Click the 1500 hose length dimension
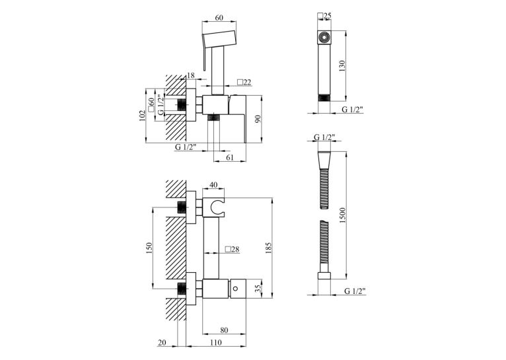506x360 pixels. [342, 215]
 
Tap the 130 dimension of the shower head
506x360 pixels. [342, 66]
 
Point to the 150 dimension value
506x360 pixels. [149, 248]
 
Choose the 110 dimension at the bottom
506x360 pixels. [215, 343]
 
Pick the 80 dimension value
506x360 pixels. [224, 330]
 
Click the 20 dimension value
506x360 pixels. [162, 343]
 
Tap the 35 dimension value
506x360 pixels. [258, 288]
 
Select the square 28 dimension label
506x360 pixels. [233, 249]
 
